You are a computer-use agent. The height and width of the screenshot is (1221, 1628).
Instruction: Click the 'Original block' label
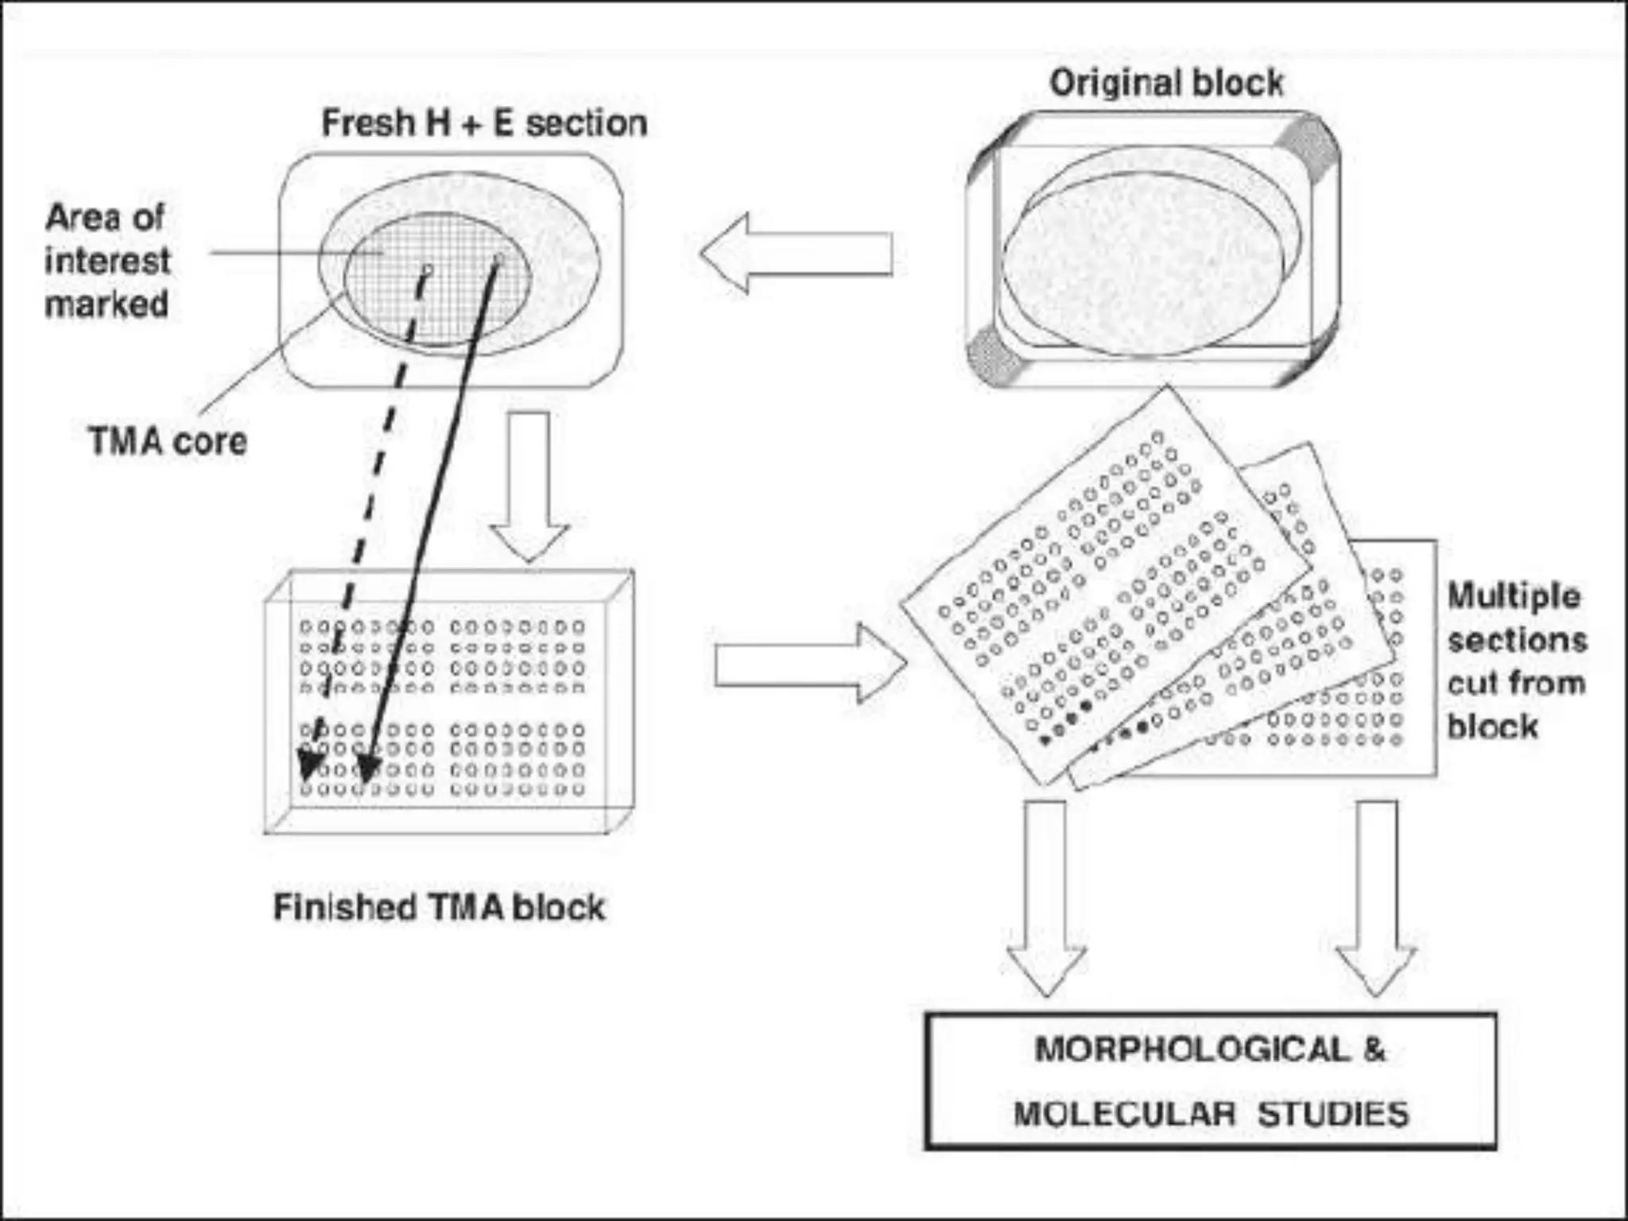[1165, 83]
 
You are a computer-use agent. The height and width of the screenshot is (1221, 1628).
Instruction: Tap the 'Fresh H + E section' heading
[483, 123]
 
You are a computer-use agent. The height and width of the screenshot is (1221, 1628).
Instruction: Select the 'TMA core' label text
[168, 441]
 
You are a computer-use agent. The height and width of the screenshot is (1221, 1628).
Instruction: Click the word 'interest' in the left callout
[107, 261]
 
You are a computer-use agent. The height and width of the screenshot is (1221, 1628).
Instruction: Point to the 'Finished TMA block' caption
[439, 907]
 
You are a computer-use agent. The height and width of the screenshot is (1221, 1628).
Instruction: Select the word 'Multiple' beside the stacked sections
[1513, 596]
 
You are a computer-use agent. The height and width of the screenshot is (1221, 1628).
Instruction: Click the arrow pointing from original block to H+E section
[795, 254]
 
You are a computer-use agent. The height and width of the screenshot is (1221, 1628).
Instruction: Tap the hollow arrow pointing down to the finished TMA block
[529, 485]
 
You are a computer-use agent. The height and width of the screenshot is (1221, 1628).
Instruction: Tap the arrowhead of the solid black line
[367, 769]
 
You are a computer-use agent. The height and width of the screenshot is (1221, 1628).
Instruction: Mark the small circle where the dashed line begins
[427, 270]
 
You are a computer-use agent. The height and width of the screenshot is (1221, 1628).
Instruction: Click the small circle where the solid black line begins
[498, 258]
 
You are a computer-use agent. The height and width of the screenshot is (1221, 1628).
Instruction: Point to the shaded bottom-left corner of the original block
[994, 356]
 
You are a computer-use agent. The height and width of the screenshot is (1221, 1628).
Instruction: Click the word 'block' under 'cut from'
[1491, 726]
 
